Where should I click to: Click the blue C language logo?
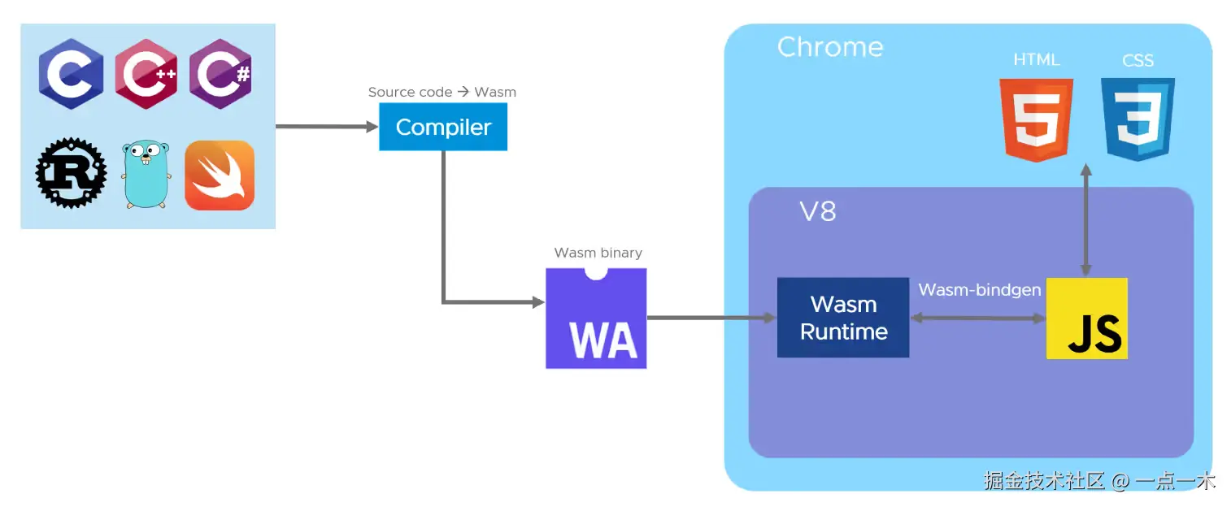coord(71,74)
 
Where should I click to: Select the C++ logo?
coord(146,74)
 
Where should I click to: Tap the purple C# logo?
coord(220,74)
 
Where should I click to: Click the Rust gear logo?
coord(71,174)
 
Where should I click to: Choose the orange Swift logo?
coord(220,175)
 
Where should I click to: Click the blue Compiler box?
coord(443,128)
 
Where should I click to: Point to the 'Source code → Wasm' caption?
coord(442,92)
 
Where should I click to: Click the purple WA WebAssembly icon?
coord(596,319)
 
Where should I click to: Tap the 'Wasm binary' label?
coord(598,253)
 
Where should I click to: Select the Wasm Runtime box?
coord(843,318)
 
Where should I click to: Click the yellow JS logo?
coord(1086,318)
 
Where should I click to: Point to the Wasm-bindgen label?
coord(980,290)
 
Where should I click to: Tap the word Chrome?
coord(830,47)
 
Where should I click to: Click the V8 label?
coord(818,212)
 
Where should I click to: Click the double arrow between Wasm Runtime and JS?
coord(977,318)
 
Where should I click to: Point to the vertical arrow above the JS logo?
coord(1085,219)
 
